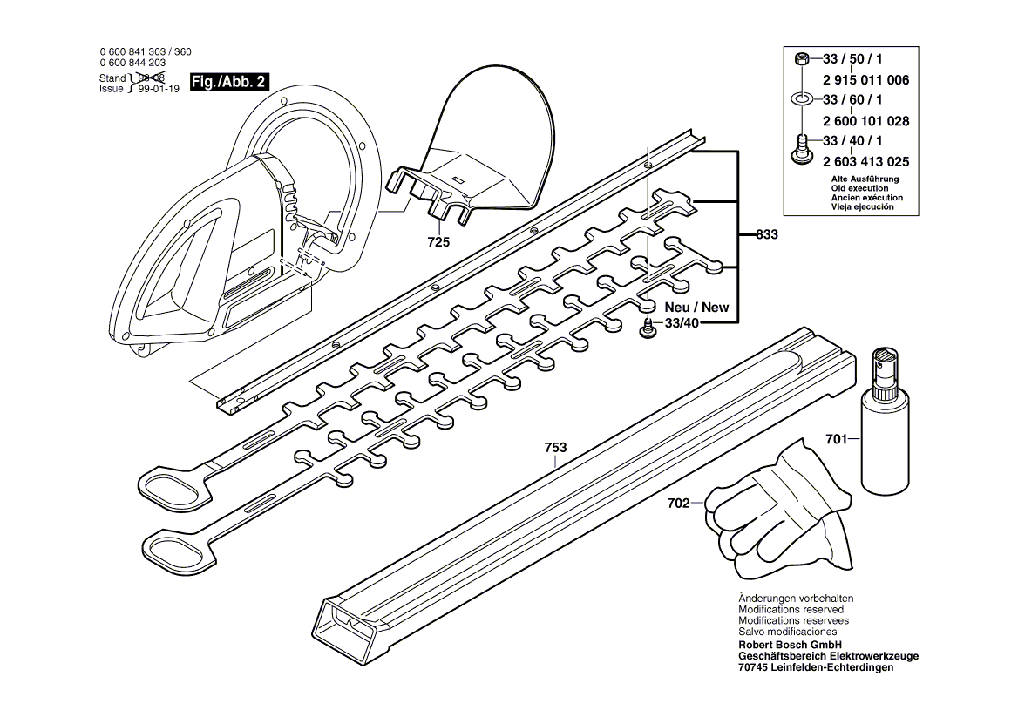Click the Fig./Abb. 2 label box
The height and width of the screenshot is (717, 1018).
tap(229, 82)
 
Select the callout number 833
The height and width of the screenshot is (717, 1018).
tap(766, 235)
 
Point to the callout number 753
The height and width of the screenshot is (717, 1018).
tap(555, 448)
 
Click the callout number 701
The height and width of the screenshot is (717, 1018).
tap(836, 440)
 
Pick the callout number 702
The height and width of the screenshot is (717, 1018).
tap(678, 503)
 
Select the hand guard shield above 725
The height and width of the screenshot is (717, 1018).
tap(488, 148)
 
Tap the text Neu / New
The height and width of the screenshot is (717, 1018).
tap(696, 308)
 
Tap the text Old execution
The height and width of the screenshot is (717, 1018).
tap(859, 188)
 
